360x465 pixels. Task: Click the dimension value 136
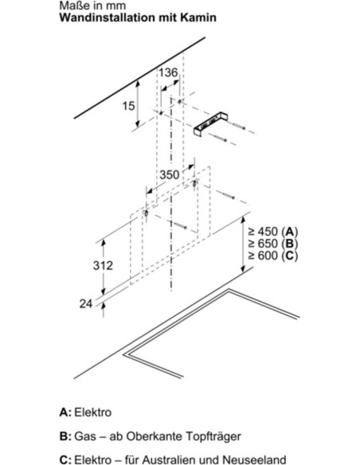pos(168,72)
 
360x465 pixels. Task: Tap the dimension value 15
pos(129,106)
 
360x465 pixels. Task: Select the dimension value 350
pos(170,174)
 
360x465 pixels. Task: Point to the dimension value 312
pos(103,265)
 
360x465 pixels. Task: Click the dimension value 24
pos(86,303)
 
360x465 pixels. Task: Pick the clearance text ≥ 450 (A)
pos(273,232)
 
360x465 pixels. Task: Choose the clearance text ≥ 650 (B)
pos(273,244)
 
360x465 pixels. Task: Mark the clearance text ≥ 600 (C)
pos(273,256)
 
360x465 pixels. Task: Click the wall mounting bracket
pos(210,125)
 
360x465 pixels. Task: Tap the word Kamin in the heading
pos(198,18)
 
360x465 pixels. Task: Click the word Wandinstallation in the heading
pos(108,18)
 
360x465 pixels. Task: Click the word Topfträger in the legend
pos(213,436)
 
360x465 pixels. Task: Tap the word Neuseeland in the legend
pos(254,460)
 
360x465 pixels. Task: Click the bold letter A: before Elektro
pos(65,412)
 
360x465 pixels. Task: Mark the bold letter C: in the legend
pos(65,460)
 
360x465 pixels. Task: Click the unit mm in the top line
pos(116,6)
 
